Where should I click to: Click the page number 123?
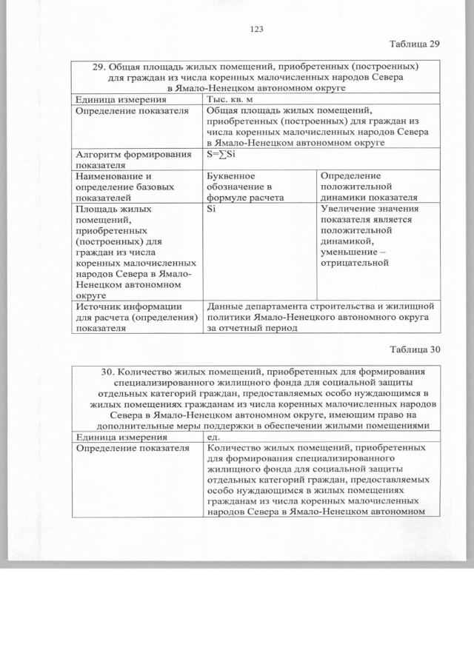click(257, 29)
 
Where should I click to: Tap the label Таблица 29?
click(414, 43)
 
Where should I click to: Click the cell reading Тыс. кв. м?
click(236, 99)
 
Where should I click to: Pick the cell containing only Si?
click(213, 210)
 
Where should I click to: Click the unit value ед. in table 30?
click(214, 437)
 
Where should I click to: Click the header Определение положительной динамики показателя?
click(368, 187)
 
